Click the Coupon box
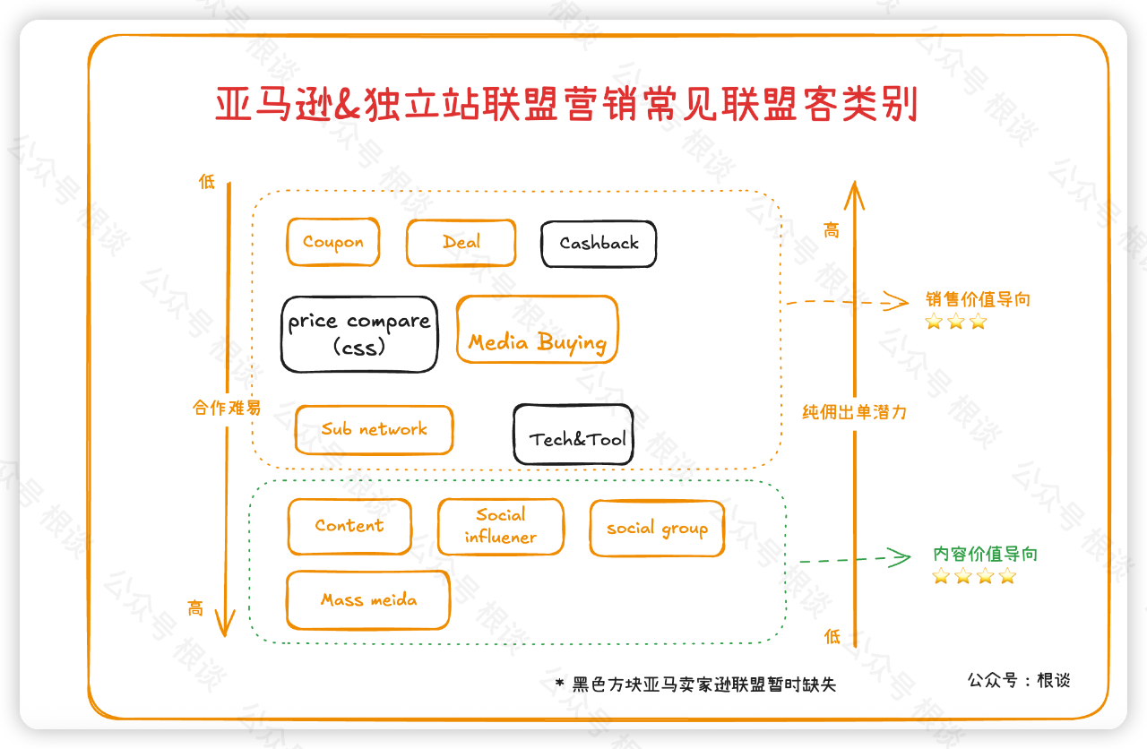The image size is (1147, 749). (333, 242)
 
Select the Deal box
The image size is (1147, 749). (461, 242)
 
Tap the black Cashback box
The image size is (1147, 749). (599, 244)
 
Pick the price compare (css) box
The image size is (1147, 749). (359, 333)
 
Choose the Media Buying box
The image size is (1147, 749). (537, 330)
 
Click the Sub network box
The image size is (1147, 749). (374, 430)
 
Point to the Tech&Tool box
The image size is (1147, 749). (573, 435)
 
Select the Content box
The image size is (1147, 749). (349, 527)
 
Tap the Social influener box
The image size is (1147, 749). (500, 527)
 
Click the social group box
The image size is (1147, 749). (657, 529)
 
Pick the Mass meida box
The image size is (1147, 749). (368, 600)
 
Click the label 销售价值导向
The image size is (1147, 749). (978, 300)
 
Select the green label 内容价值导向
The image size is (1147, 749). (985, 555)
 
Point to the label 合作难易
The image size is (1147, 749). (227, 408)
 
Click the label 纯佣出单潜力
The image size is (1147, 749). (854, 412)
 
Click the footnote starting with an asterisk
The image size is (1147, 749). (695, 684)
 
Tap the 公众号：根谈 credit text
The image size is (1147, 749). (1019, 680)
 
